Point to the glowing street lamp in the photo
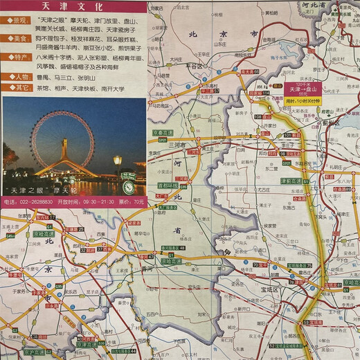(118, 161)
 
